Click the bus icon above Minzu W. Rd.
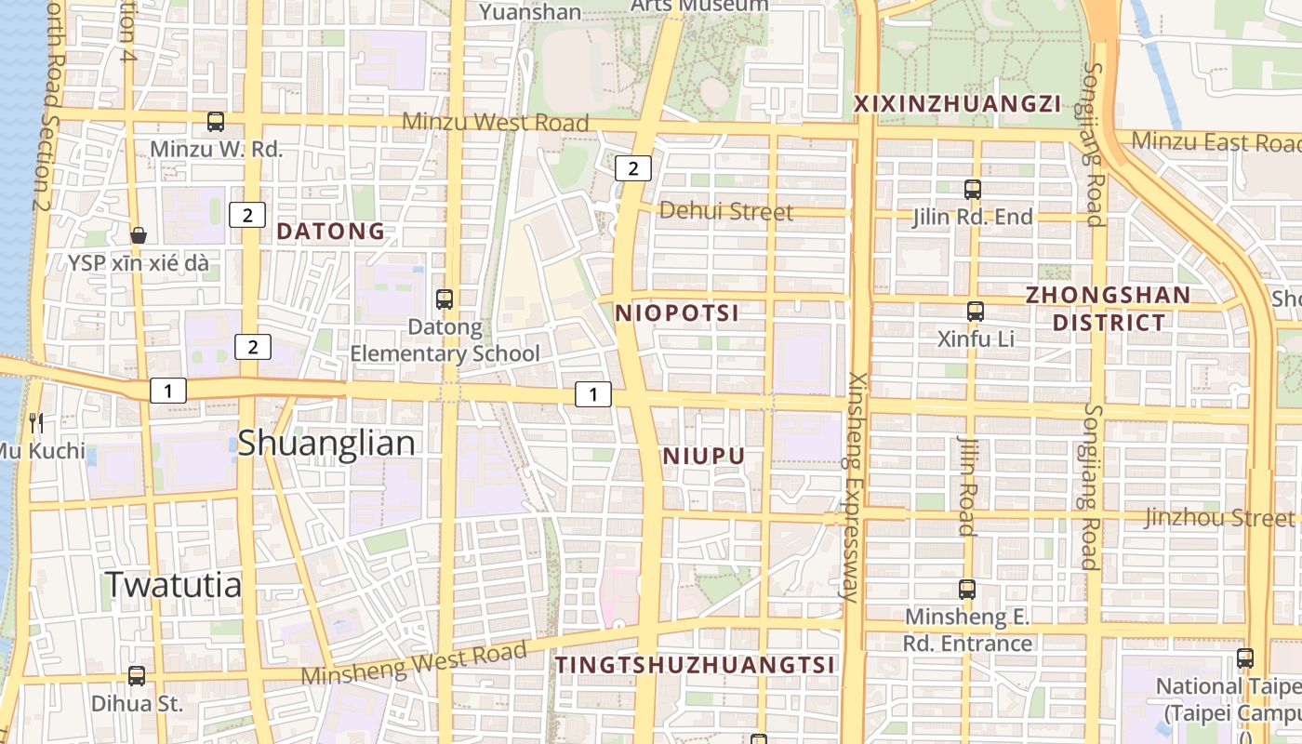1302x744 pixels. click(x=216, y=121)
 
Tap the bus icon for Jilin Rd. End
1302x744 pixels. click(x=973, y=190)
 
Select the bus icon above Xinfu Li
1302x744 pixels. click(x=975, y=312)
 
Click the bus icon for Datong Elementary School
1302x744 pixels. click(x=445, y=299)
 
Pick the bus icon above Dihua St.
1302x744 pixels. click(x=137, y=676)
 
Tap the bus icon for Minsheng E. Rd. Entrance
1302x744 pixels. click(x=967, y=589)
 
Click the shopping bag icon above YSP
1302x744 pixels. click(x=139, y=235)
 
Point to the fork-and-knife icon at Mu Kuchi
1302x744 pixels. click(x=36, y=423)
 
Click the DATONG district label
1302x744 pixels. click(x=331, y=232)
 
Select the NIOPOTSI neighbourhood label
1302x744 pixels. click(x=677, y=313)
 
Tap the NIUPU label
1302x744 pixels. click(x=704, y=457)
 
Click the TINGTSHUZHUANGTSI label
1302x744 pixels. click(x=695, y=665)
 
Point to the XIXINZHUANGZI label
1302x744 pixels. click(x=957, y=103)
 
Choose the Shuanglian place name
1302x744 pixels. click(x=326, y=443)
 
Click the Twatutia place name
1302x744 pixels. click(x=173, y=584)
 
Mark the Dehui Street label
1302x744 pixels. click(x=726, y=211)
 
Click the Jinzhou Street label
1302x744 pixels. click(x=1219, y=517)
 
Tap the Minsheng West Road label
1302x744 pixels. click(x=414, y=662)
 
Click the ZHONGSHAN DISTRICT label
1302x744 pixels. click(x=1108, y=309)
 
